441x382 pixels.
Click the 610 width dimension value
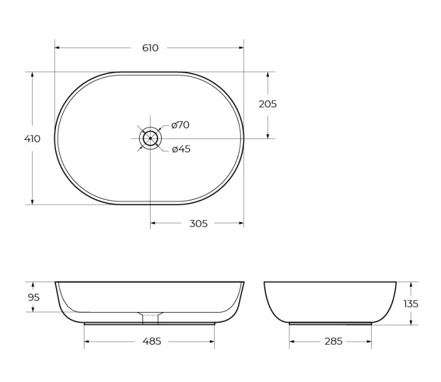tap(150, 48)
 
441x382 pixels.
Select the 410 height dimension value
tap(32, 139)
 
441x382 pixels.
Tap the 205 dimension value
tap(268, 104)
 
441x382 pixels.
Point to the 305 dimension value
tap(198, 223)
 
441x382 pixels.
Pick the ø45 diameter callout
tap(181, 149)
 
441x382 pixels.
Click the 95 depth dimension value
tap(33, 297)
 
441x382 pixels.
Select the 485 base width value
tap(152, 341)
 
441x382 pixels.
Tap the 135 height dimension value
tap(410, 303)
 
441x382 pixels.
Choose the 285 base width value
tap(333, 341)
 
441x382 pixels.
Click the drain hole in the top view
tap(151, 138)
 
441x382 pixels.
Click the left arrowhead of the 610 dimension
tap(57, 48)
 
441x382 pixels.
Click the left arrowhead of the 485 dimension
tap(87, 341)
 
